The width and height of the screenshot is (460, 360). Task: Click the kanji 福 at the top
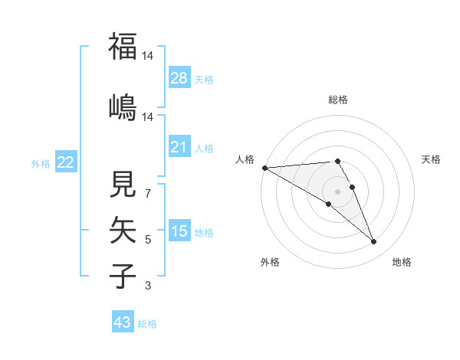click(123, 47)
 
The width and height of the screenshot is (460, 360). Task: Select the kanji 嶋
click(123, 106)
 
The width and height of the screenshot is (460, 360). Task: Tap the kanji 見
click(123, 185)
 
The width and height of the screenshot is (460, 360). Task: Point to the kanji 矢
click(123, 230)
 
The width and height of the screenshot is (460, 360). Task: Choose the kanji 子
click(123, 276)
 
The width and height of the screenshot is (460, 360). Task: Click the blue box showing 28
click(179, 78)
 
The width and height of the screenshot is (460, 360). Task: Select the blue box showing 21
click(179, 147)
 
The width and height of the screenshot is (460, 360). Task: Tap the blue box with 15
click(179, 231)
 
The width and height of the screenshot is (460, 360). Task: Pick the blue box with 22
click(65, 162)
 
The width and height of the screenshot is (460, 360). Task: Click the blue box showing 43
click(123, 322)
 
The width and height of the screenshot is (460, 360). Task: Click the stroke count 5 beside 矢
click(148, 240)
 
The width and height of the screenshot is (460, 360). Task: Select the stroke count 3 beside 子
click(148, 286)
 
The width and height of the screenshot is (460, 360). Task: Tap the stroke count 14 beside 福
click(148, 56)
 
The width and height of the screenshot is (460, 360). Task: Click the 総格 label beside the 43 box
click(147, 324)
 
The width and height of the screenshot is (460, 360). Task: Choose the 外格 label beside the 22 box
click(41, 163)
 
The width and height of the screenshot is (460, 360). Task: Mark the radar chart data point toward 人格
click(264, 168)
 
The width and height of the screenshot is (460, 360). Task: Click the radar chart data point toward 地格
click(374, 242)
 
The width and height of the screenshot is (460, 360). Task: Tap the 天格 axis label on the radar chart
click(432, 159)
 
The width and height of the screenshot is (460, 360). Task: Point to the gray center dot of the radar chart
click(337, 191)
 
